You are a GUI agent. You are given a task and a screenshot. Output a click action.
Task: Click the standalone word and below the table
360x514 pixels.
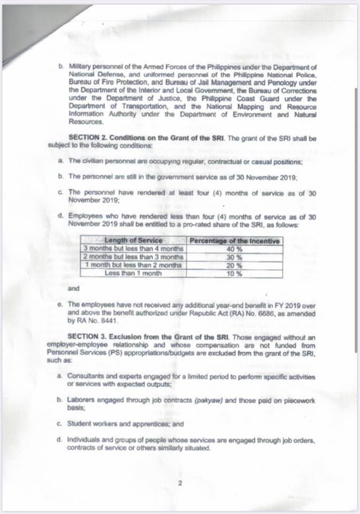(74, 289)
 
